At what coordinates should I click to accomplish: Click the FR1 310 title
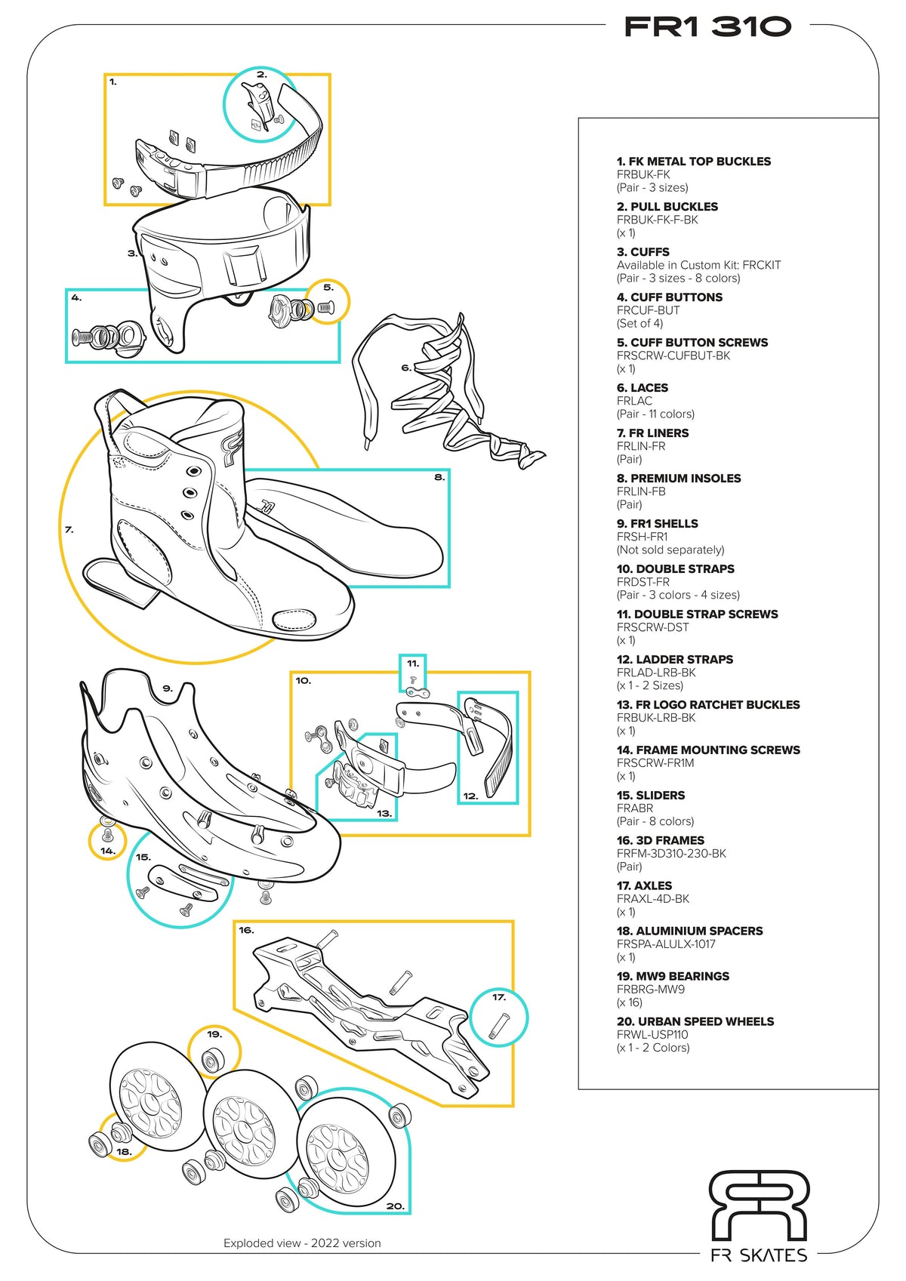coord(707,27)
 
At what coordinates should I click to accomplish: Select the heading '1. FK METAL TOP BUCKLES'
coord(693,162)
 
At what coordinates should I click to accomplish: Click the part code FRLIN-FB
coord(641,491)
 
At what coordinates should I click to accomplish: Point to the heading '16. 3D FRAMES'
coord(660,841)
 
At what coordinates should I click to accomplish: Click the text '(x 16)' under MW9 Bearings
coord(629,1002)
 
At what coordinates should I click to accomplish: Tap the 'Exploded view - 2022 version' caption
coord(302,1243)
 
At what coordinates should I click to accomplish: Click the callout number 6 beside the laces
coord(406,368)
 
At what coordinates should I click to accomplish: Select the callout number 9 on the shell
coord(168,688)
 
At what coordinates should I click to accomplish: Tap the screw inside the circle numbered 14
coord(106,834)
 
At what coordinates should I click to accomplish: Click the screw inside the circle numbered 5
coord(326,307)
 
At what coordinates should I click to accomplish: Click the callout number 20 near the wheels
coord(395,1206)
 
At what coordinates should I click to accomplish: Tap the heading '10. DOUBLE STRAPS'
coord(675,569)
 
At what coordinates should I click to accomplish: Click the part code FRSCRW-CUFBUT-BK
coord(673,356)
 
